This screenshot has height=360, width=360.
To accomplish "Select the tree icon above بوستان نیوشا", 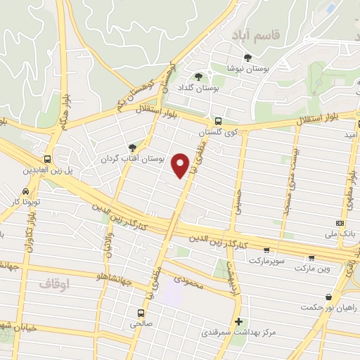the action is pos(247,58).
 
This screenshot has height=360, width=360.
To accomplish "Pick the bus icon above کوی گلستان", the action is pos(218,120).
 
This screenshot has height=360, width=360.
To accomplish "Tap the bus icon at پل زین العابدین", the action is pos(48,159).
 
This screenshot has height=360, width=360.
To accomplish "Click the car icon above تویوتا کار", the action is pos(25,191).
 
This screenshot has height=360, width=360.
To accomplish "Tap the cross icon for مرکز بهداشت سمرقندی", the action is pos(238,321).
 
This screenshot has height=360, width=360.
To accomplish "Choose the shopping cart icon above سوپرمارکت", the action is pos(266,250).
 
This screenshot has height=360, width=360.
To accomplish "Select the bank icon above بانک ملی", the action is pos(340,223).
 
